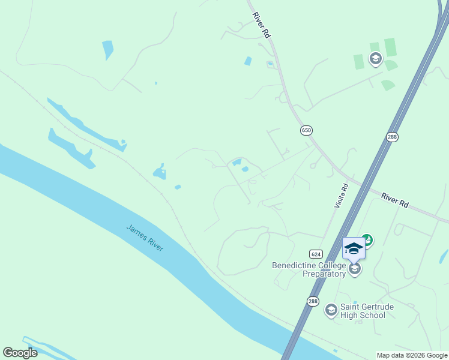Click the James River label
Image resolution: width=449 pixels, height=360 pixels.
[145, 238]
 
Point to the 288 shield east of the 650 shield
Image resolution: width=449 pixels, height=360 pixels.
[392, 137]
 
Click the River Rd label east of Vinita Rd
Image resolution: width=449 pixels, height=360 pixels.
[395, 200]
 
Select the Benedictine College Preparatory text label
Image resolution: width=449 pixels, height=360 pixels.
[309, 269]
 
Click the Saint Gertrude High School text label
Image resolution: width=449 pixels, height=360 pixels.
[367, 311]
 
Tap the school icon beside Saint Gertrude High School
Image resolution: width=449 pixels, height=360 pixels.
[331, 310]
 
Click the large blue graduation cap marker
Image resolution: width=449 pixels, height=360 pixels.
[354, 248]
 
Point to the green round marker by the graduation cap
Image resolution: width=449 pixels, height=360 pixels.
[367, 240]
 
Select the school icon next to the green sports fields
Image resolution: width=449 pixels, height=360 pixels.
[376, 58]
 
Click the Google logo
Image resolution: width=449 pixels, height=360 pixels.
[20, 353]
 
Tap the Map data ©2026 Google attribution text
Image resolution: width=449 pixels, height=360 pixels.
[412, 355]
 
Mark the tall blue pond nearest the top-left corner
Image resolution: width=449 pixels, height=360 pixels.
[107, 50]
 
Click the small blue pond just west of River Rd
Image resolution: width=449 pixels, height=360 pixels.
[248, 61]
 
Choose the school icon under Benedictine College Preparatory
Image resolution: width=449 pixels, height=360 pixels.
[355, 268]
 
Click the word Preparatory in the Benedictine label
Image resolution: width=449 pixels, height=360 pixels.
[324, 274]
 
